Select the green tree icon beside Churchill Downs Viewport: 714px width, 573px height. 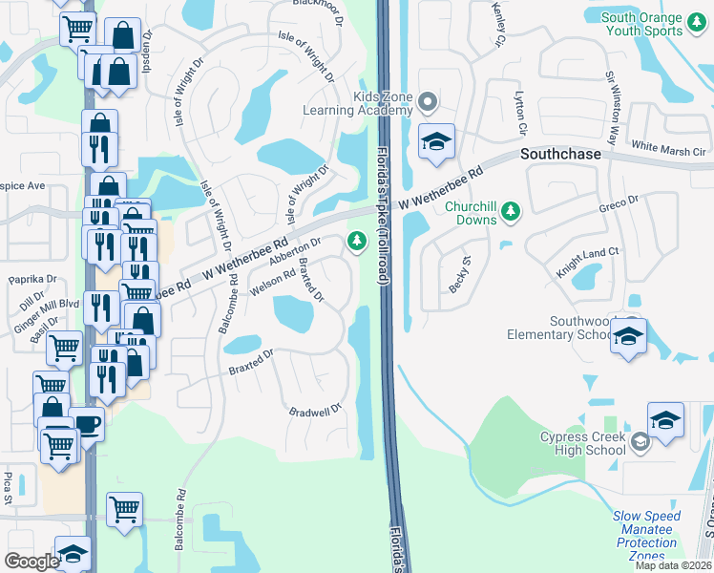click(511, 210)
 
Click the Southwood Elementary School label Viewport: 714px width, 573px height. click(580, 328)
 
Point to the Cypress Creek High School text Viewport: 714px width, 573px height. click(582, 443)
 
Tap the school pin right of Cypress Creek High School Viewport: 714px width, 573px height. click(665, 420)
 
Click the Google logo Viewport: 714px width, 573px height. click(31, 562)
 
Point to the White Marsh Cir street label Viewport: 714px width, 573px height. click(668, 150)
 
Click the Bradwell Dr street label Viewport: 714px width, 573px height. click(315, 411)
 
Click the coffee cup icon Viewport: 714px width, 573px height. click(87, 424)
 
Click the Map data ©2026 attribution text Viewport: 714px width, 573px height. click(672, 565)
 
